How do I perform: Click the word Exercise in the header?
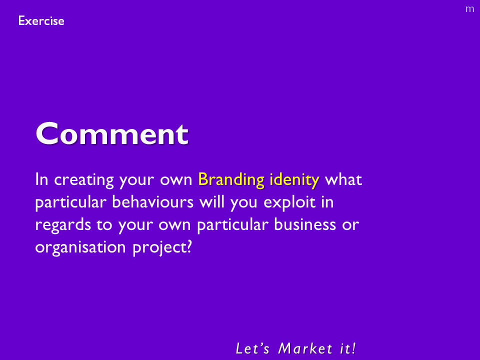pos(41,21)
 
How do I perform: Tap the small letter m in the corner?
pos(469,9)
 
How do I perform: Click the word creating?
pos(84,180)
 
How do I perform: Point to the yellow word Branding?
pos(231,179)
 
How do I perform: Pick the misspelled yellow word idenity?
pos(294,180)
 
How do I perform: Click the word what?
pos(343,179)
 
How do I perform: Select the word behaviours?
pos(153,202)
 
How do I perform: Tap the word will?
pos(212,202)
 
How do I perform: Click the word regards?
pos(63,225)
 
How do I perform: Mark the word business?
pos(305,224)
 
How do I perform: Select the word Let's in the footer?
pos(252,348)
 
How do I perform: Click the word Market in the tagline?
pos(305,348)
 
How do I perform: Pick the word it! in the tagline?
pos(348,348)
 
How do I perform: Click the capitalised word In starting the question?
pos(41,179)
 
